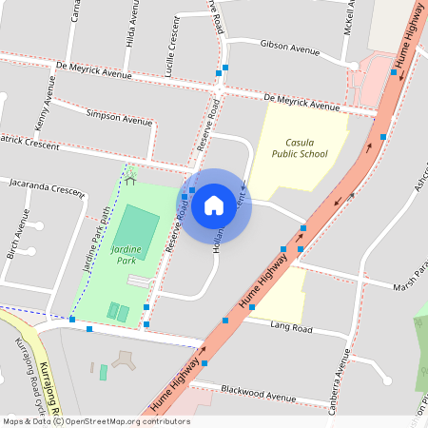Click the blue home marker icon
214,205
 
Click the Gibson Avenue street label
291,48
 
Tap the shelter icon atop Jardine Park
130,178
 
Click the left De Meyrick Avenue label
93,71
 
